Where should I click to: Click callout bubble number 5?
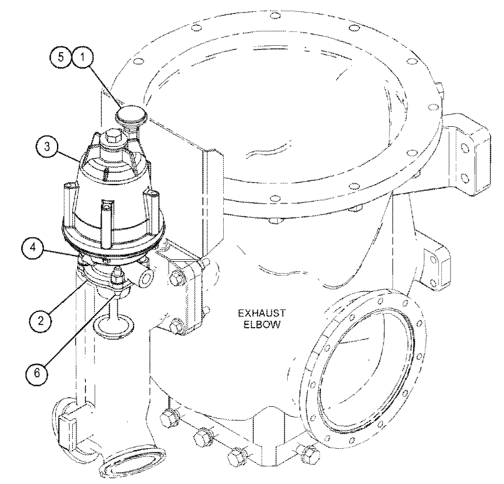coord(60,57)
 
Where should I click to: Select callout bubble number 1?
coord(83,57)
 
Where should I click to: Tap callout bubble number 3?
coord(47,147)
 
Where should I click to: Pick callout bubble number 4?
coord(33,248)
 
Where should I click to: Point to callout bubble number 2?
coord(40,321)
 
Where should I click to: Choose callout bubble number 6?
coord(37,373)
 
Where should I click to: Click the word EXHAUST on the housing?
coord(261,313)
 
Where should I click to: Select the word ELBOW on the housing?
coord(261,325)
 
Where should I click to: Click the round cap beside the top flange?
coord(131,116)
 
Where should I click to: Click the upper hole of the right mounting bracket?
coord(465,148)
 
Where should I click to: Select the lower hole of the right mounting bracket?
coord(465,178)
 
